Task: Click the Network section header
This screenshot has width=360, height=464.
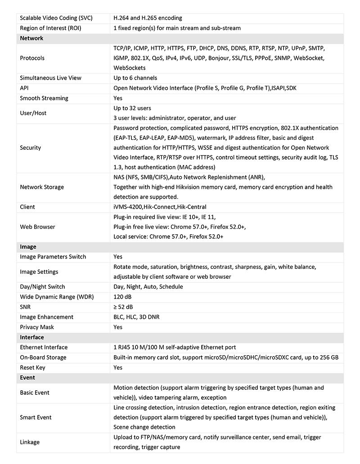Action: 31,38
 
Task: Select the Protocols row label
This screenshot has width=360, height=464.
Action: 32,58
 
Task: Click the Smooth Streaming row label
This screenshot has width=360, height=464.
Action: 44,98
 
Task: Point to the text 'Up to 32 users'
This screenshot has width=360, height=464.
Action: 132,108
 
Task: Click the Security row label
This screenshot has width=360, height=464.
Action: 30,147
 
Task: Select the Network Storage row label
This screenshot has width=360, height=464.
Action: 42,187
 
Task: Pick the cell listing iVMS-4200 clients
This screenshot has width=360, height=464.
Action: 160,207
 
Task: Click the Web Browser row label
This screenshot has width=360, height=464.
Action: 37,227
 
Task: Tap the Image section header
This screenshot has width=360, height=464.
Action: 28,247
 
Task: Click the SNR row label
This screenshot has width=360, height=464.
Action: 26,307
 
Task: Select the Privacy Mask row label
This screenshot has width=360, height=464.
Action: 37,327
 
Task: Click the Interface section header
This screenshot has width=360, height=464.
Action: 32,337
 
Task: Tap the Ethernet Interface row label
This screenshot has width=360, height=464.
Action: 44,347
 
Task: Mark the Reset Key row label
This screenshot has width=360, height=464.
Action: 33,367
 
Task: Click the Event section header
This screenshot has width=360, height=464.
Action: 27,378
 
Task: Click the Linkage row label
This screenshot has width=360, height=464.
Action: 30,442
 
